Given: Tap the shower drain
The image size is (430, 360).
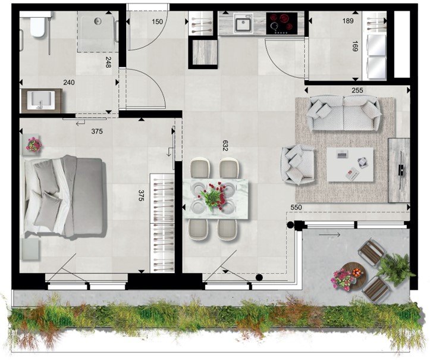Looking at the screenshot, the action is point(98,21).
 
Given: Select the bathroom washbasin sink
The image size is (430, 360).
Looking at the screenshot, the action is point(41,101).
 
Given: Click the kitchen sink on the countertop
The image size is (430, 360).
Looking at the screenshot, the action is point(243,23).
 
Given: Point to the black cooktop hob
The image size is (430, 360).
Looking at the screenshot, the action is point(282,24).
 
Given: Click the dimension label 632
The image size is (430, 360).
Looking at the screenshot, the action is point(225,146).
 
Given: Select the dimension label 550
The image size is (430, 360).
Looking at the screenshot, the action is point(296,208).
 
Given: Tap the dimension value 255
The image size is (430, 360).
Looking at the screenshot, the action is point(357,90).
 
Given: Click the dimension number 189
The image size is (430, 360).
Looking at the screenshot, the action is point(348,21).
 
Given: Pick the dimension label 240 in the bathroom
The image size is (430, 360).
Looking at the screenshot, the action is point(69,82).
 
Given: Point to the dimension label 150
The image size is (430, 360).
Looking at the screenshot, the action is point(157,21).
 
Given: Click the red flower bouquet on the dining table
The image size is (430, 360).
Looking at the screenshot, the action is point(214,194).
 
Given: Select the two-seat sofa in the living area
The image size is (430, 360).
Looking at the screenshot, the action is point(344,113).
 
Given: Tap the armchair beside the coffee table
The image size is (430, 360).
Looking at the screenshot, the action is point(297,165).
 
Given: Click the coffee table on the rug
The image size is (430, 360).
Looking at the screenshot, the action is point(350,164).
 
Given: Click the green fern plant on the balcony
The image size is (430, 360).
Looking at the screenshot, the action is point(397,268).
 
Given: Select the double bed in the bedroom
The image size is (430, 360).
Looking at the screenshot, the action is point(64,196).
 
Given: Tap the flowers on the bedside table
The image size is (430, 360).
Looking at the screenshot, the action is point(34,145).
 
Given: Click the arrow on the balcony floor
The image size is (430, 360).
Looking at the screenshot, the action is point(329,234).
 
